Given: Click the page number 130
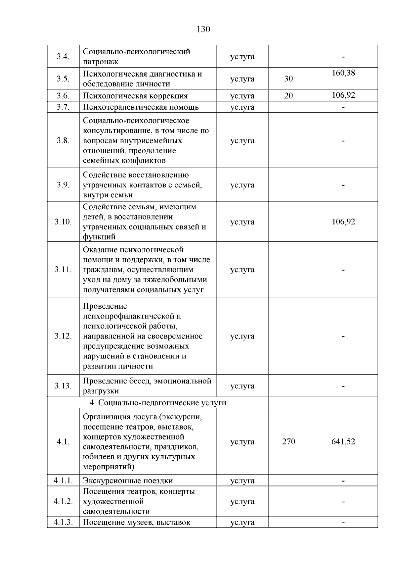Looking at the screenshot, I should tap(203, 29).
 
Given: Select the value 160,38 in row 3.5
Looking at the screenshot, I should tap(343, 73).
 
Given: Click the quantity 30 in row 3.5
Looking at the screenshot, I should tap(288, 79).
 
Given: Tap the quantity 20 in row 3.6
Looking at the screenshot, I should tap(288, 96).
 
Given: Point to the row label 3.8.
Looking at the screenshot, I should tap(63, 140).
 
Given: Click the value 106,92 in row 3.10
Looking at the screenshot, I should tap(343, 222).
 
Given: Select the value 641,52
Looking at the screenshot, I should tap(343, 441).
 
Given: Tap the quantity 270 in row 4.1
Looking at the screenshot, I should tap(288, 441).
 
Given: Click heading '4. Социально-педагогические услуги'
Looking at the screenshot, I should tap(158, 403).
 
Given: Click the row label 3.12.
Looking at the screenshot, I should tap(63, 336).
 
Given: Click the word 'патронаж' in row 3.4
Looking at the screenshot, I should tap(100, 62).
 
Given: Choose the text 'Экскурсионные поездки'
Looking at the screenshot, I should tap(128, 481).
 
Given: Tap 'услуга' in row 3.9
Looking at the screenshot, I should tap(242, 185).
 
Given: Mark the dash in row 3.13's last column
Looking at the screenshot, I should tap(343, 386).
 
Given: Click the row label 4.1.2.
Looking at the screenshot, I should tap(63, 501).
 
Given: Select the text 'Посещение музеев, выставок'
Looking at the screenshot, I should tap(136, 523).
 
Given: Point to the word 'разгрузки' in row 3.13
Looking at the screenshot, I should tap(101, 391).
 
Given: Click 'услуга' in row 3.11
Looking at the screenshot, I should tap(242, 270).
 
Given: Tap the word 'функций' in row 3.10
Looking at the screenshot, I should tap(99, 237).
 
